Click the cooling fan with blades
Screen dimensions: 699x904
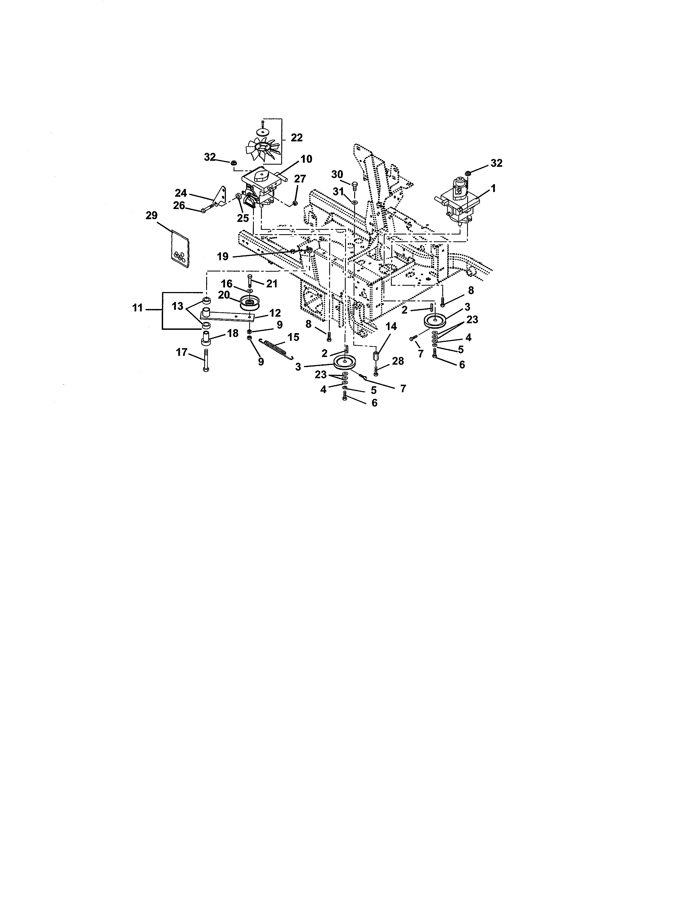(x=263, y=150)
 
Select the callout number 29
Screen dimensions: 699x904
(x=152, y=215)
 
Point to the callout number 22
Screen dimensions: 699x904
(x=297, y=138)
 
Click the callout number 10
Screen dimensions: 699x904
(x=306, y=159)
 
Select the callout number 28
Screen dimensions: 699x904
(x=398, y=361)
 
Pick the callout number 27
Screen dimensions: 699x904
(x=300, y=179)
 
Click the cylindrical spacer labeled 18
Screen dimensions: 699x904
(x=206, y=340)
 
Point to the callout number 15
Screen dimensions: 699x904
(x=293, y=337)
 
